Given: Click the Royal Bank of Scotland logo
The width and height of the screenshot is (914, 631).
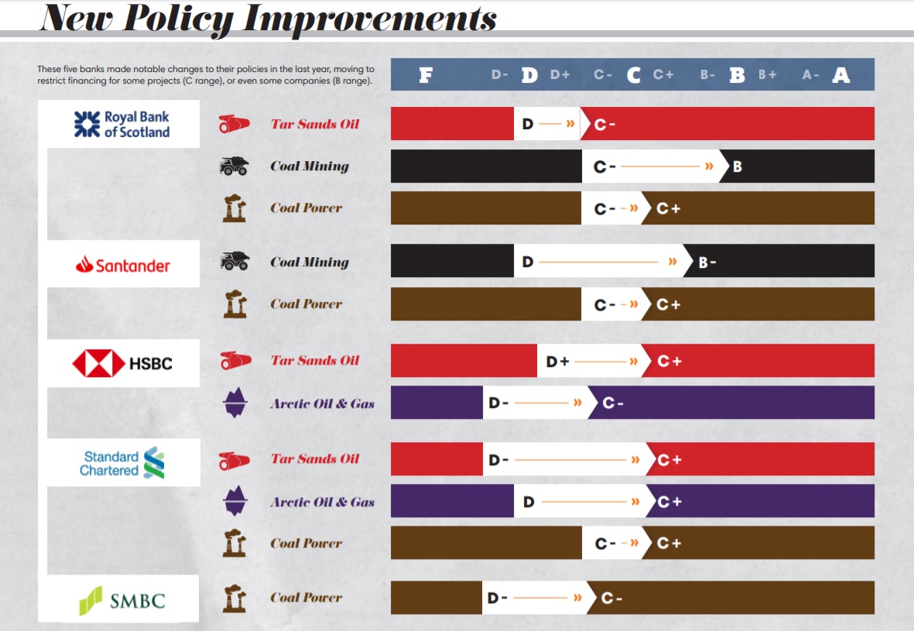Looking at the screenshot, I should [x=122, y=124].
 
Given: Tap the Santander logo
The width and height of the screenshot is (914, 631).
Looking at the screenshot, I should [x=123, y=266].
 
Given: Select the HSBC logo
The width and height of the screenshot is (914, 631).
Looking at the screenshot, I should [x=122, y=363].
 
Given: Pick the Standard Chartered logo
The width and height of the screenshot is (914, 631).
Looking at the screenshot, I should [x=123, y=463].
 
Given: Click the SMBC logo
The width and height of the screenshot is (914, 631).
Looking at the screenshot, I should [x=122, y=601].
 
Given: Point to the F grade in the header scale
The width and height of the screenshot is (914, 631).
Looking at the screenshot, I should [x=425, y=75].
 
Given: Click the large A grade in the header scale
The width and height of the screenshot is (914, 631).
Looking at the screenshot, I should [x=840, y=75].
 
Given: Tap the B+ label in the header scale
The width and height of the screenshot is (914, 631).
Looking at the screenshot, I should [x=767, y=75].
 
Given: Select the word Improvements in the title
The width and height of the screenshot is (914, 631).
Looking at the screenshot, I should [x=370, y=19].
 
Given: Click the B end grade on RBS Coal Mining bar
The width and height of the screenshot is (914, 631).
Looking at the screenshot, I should [x=737, y=166].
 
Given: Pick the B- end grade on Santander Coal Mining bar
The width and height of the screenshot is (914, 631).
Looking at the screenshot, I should [x=707, y=262].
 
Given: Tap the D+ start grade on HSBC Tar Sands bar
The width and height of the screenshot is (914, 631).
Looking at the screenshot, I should [x=557, y=362].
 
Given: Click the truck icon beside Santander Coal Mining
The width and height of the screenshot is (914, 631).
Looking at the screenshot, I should [x=234, y=262].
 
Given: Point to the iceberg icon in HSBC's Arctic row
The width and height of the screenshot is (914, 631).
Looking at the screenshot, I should [x=234, y=403].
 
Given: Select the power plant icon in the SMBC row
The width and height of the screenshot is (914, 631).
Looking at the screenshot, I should [x=234, y=598].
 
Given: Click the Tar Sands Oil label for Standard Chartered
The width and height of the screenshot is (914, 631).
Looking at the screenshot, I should [x=315, y=459].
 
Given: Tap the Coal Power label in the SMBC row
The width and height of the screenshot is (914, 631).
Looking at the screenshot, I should [x=306, y=598].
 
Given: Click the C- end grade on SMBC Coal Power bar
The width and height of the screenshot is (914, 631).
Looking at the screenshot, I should [x=611, y=598].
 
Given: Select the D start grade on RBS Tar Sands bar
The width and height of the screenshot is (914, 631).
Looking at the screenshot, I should [x=528, y=124].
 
